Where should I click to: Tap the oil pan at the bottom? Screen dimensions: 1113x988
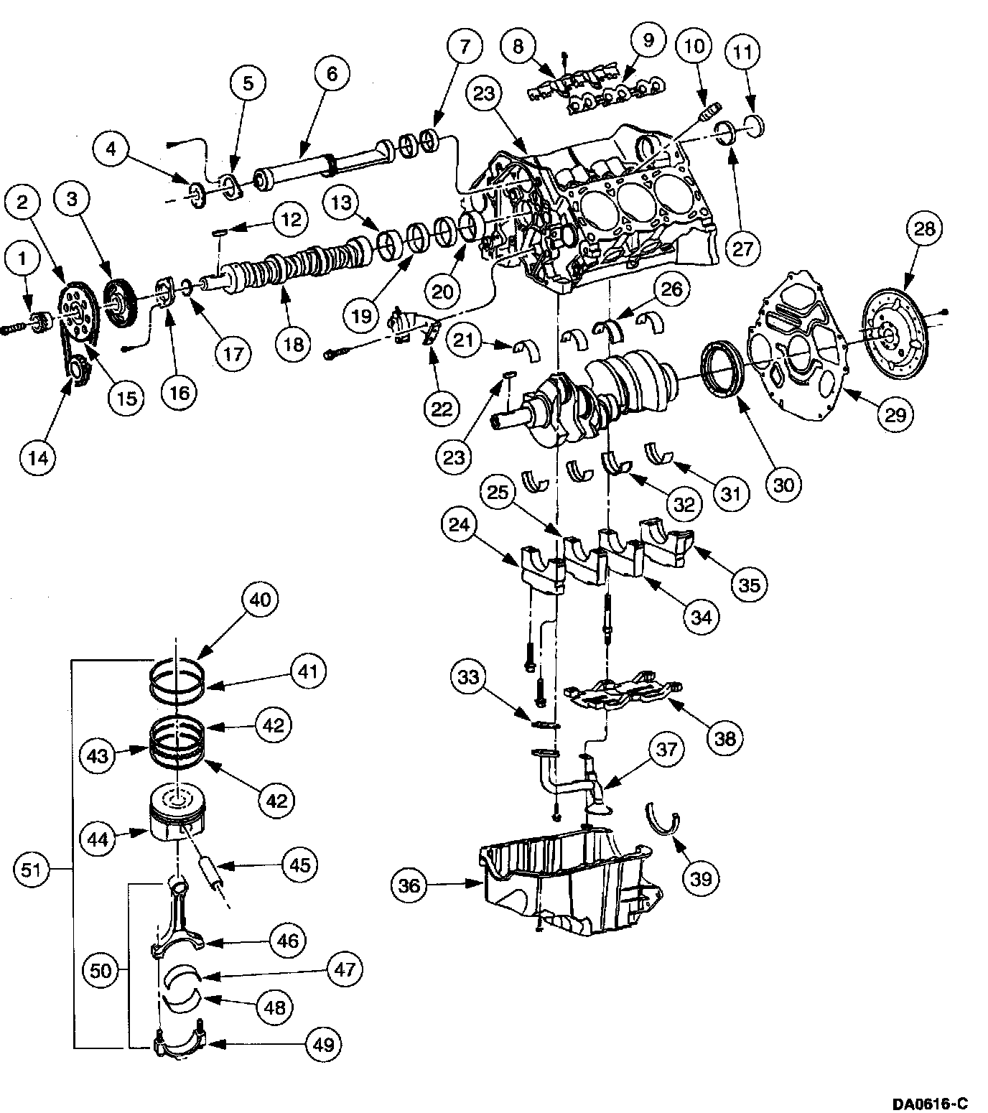pos(567,883)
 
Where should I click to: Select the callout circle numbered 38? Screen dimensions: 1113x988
pos(725,738)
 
